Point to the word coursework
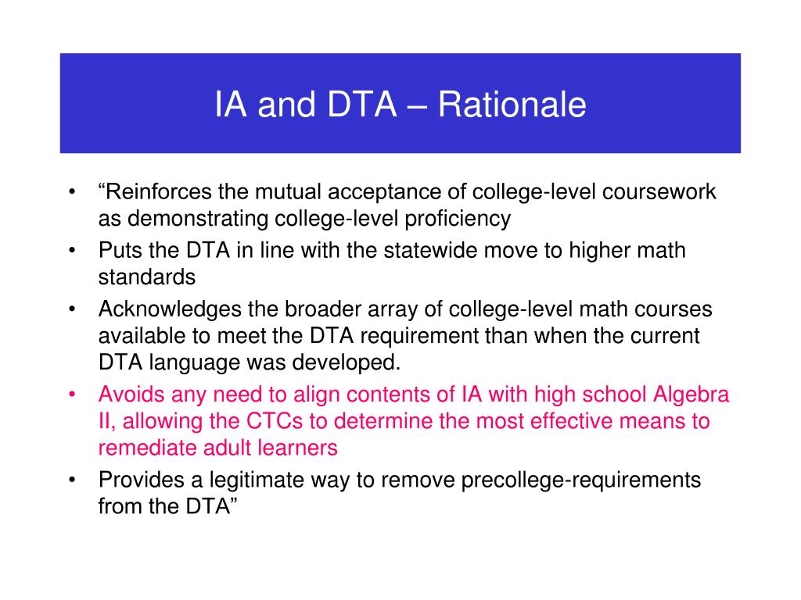pyautogui.click(x=659, y=192)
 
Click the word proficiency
pyautogui.click(x=458, y=220)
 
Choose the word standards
pyautogui.click(x=147, y=277)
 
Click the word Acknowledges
pyautogui.click(x=170, y=309)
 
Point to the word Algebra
pyautogui.click(x=691, y=395)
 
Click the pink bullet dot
pyautogui.click(x=73, y=395)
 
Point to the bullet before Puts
pyautogui.click(x=73, y=251)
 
